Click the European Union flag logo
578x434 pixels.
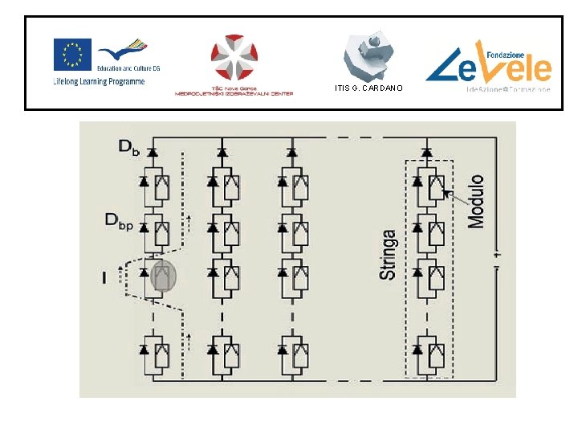pos(71,55)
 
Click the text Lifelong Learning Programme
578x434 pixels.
pos(98,82)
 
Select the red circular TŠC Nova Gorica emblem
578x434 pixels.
pos(234,60)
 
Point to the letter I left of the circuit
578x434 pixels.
pos(104,276)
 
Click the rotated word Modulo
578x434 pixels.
pos(476,201)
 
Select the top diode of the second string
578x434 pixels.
pos(222,150)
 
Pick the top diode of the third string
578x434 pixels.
pos(291,150)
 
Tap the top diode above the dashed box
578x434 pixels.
pos(427,150)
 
